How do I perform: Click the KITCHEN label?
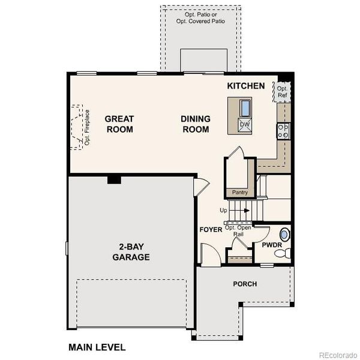[245, 86]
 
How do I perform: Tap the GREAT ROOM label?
[119, 124]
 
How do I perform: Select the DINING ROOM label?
[195, 124]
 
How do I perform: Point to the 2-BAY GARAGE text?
[130, 252]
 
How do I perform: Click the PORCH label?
[245, 284]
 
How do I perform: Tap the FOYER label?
[211, 230]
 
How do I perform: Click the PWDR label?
[272, 245]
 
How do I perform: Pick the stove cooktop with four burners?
[283, 130]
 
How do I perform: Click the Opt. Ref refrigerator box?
[282, 91]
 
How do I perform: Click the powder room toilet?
[281, 254]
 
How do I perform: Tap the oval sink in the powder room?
[285, 234]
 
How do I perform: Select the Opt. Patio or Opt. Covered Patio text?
[200, 17]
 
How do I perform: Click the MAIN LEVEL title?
[97, 347]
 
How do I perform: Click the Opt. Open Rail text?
[238, 231]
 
